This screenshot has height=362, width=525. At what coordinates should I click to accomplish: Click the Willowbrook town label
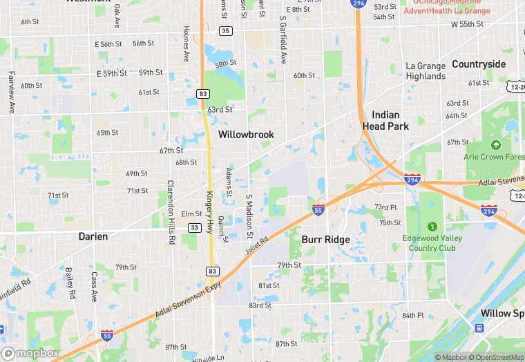pos(246,135)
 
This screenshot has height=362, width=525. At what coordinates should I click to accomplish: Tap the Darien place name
pos(93,236)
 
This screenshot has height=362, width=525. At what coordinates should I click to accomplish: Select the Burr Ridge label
pos(325,240)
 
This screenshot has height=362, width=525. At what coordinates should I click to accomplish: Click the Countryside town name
pos(479,64)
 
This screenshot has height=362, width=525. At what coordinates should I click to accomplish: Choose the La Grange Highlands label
pos(426,71)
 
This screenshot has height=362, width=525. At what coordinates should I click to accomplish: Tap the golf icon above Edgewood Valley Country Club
pos(432,226)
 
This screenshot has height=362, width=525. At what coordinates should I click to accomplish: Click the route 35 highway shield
pos(225,31)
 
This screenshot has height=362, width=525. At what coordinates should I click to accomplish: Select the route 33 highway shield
pos(195,227)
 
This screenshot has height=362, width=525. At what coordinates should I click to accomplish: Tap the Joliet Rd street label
pos(256,245)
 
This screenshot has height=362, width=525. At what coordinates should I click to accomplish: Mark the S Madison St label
pos(249,216)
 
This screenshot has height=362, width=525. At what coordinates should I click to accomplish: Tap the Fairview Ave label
pos(11,93)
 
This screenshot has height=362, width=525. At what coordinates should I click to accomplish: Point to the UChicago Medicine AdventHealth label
pos(447,7)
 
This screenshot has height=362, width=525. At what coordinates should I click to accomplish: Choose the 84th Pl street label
pos(412,315)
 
